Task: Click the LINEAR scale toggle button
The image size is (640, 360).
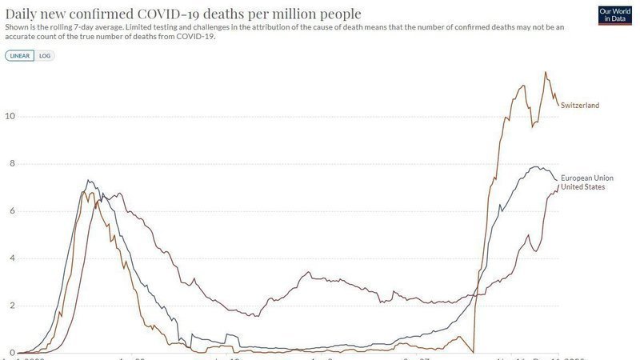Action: [x=21, y=55]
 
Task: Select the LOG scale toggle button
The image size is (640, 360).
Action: [x=46, y=55]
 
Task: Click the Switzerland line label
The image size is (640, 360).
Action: [x=580, y=106]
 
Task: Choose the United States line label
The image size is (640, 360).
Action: [x=582, y=186]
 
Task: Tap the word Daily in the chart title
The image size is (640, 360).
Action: [x=24, y=14]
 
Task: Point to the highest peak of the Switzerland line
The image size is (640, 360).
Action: [x=546, y=72]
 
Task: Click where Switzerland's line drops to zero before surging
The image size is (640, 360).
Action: [x=474, y=352]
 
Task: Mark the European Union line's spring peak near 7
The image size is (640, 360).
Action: [x=88, y=181]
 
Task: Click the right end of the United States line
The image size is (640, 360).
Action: [x=558, y=186]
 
